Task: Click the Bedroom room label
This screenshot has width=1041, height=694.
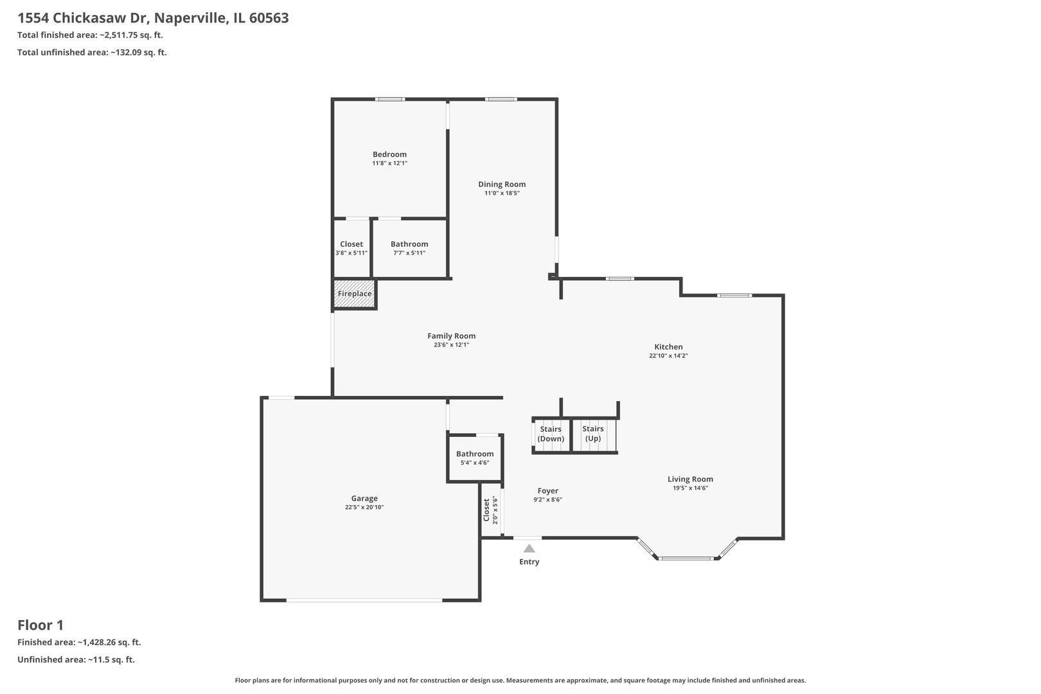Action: click(x=389, y=154)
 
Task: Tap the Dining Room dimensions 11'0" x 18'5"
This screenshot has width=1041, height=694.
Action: click(x=502, y=193)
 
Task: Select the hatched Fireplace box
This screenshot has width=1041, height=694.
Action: click(x=354, y=294)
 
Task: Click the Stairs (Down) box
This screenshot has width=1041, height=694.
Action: click(x=551, y=434)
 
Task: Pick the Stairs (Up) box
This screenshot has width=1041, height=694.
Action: click(x=593, y=434)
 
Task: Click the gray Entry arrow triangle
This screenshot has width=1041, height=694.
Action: click(x=529, y=549)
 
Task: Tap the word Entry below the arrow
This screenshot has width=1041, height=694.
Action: click(x=529, y=562)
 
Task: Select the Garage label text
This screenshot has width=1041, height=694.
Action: click(x=364, y=498)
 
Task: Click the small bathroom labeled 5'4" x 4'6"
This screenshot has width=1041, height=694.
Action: click(x=475, y=458)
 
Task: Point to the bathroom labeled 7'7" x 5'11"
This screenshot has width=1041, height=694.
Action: click(x=409, y=248)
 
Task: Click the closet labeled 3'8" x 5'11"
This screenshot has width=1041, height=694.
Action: click(x=351, y=248)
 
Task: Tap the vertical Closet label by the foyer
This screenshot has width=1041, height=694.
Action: click(x=486, y=510)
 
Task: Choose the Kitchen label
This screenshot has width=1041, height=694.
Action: click(x=668, y=347)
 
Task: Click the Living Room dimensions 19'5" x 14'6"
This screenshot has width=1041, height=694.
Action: click(x=690, y=488)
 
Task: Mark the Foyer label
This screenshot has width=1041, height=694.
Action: click(x=548, y=491)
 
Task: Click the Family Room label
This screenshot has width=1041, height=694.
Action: click(x=451, y=335)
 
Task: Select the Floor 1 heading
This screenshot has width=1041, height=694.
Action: click(x=40, y=625)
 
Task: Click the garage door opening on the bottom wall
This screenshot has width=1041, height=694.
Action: click(x=364, y=600)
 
